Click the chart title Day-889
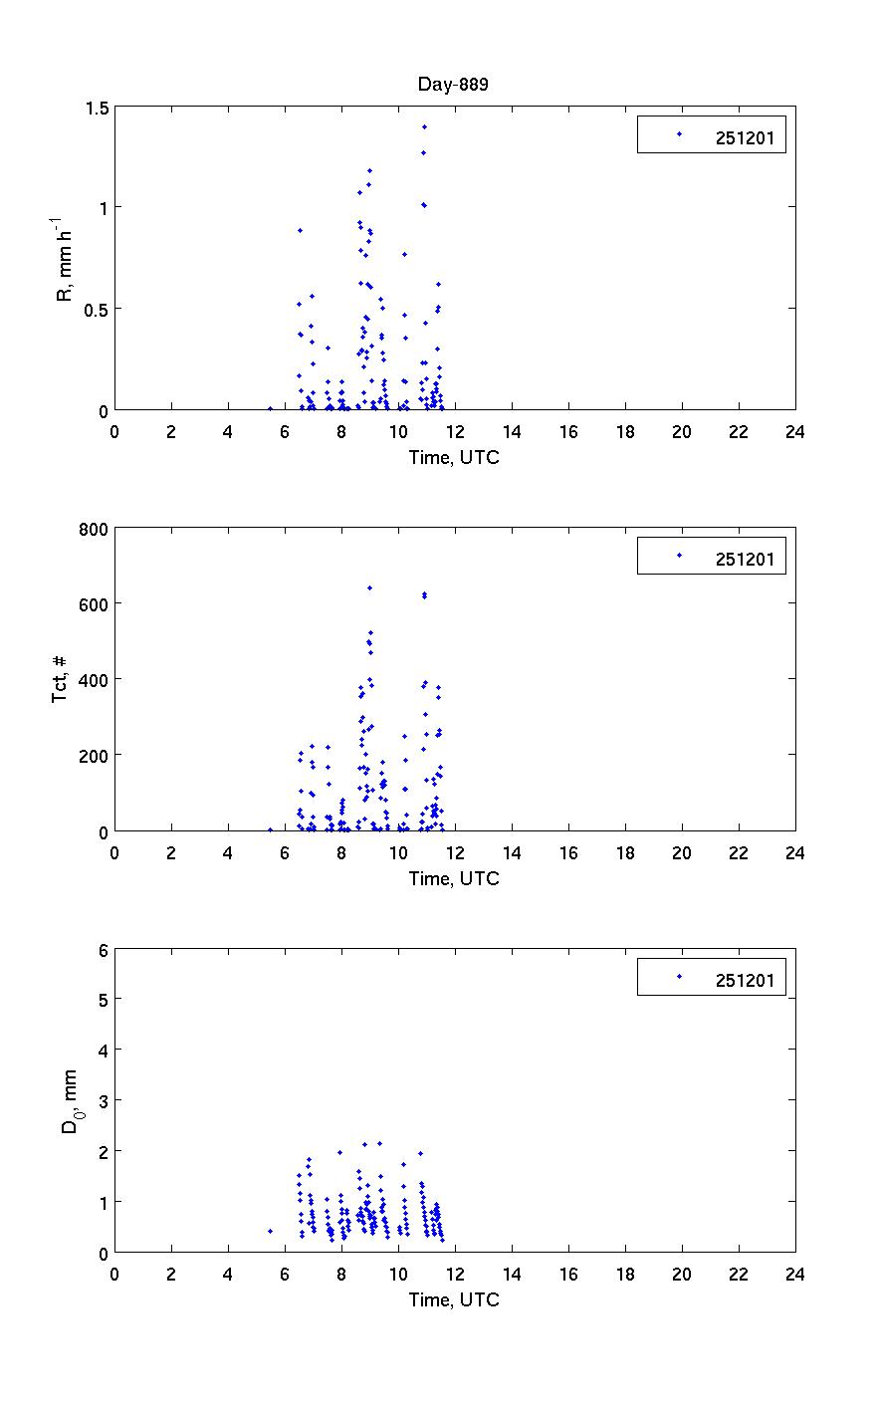pos(453,85)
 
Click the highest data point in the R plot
pos(424,126)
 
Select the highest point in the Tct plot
pos(369,587)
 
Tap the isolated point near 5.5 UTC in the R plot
pos(270,408)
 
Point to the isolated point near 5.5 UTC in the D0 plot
pos(270,1231)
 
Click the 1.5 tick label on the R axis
pos(96,107)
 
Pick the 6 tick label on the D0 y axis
pos(103,949)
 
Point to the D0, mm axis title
pos(69,1100)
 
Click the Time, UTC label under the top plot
pos(454,457)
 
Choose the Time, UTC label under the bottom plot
pos(454,1299)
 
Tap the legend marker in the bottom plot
pos(679,977)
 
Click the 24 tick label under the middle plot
pos(794,852)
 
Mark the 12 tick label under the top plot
pos(454,431)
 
